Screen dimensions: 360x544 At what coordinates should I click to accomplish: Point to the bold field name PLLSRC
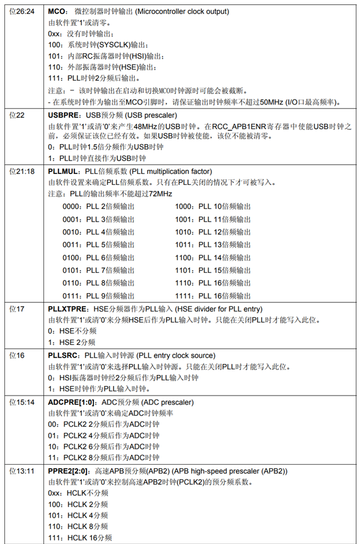coord(63,355)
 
